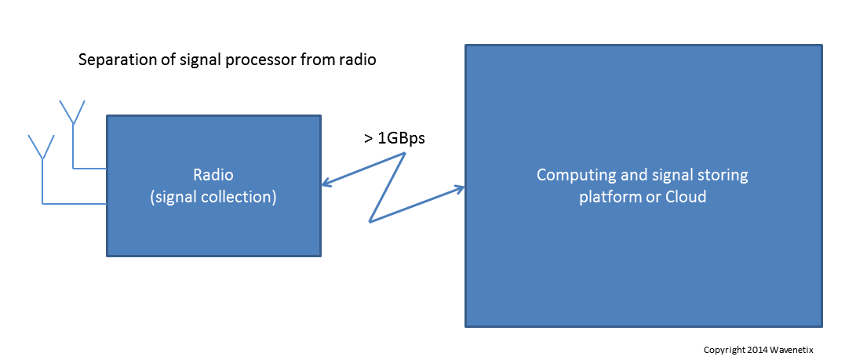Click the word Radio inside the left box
click(213, 175)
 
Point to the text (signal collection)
click(213, 198)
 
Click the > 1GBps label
click(395, 138)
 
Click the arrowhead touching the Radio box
click(326, 186)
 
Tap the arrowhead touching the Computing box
click(461, 188)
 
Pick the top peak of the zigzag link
click(405, 153)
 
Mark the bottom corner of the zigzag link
click(370, 221)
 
